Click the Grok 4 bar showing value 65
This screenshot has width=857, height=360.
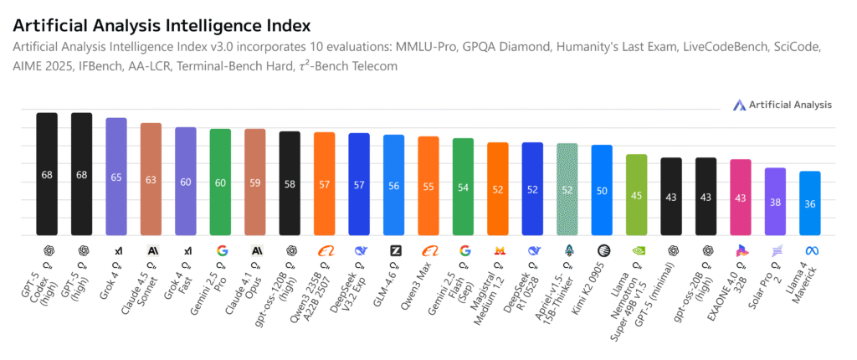tap(115, 176)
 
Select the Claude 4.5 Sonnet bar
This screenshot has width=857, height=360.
tap(151, 179)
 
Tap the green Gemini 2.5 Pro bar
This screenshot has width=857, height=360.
tap(220, 182)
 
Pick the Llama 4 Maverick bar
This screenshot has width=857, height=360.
tap(809, 203)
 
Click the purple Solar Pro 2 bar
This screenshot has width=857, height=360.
tap(775, 201)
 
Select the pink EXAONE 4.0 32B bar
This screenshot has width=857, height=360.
tap(741, 197)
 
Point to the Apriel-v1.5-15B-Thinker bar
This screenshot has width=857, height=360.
tap(567, 189)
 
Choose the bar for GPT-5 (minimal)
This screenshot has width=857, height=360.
tap(671, 197)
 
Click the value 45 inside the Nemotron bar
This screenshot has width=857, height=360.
tap(636, 195)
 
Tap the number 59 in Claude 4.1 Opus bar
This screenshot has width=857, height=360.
tap(254, 183)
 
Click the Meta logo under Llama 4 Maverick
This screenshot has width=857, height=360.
tap(809, 250)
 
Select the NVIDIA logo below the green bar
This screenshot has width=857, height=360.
tap(636, 250)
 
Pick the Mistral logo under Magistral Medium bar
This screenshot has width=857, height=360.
tap(499, 250)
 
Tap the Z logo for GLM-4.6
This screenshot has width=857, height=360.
tap(395, 250)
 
